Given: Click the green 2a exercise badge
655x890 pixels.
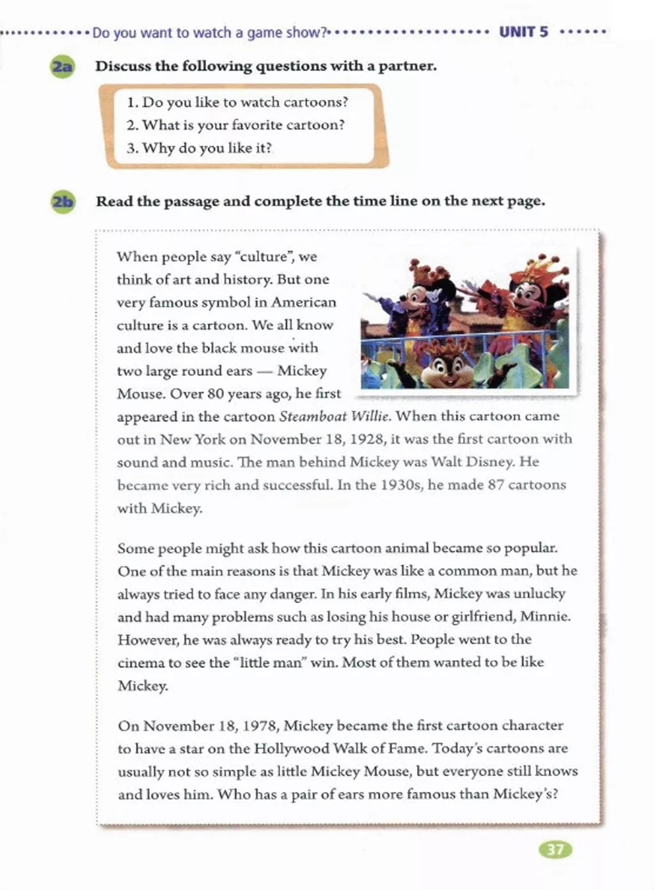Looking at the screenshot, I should click(62, 67).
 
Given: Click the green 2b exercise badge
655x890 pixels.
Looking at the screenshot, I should click(63, 202).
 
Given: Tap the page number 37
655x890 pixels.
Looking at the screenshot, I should click(556, 850).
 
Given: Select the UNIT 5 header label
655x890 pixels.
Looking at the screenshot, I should click(523, 32).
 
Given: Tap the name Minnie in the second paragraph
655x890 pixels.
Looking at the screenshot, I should click(544, 617).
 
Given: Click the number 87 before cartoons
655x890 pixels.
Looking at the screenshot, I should click(496, 485).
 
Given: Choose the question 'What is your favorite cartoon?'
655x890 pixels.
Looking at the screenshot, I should click(243, 125).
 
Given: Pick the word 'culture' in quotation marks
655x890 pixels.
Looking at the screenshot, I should click(264, 257).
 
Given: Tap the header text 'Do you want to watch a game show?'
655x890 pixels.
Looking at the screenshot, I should click(210, 33).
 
